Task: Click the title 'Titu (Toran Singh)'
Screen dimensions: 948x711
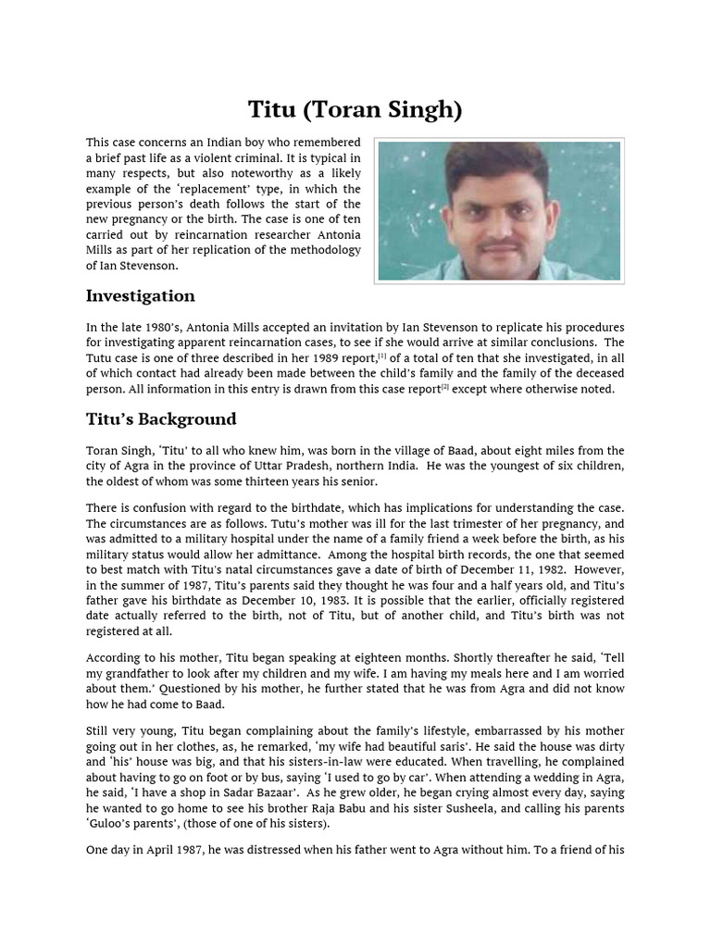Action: point(355,109)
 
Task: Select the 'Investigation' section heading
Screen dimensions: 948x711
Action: point(140,296)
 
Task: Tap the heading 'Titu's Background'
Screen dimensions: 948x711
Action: point(161,419)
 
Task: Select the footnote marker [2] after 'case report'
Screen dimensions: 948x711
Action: point(445,387)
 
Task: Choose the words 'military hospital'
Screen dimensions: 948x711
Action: point(245,539)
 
